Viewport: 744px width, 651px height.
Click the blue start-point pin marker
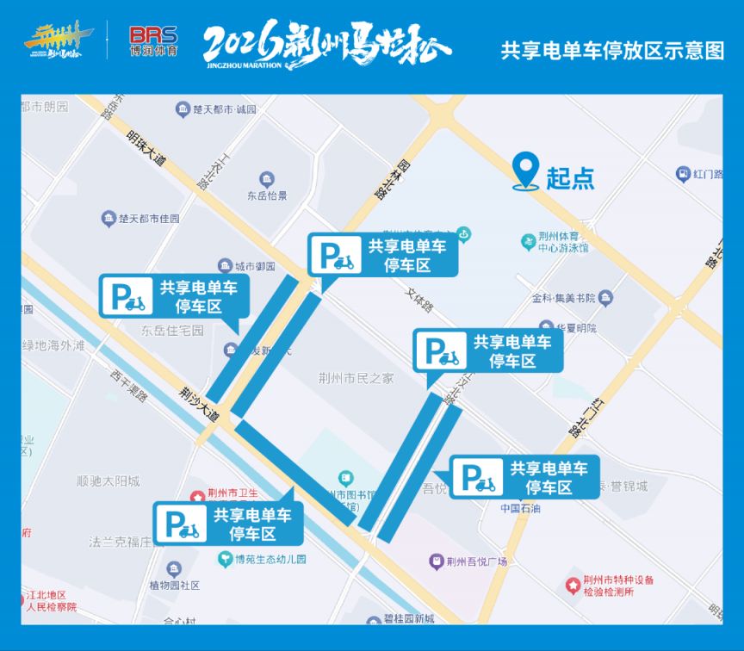pos(525,170)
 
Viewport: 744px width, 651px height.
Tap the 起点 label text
pos(570,178)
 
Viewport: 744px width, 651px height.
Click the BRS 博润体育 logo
pos(152,40)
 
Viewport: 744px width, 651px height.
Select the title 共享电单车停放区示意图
pos(612,51)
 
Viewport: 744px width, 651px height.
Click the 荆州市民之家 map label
pos(356,377)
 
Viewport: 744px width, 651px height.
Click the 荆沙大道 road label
pos(200,403)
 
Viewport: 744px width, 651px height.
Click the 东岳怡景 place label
pos(267,196)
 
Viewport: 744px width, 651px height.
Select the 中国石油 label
pos(521,508)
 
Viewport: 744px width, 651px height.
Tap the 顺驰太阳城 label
pos(108,481)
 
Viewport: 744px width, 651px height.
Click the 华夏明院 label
pos(575,328)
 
